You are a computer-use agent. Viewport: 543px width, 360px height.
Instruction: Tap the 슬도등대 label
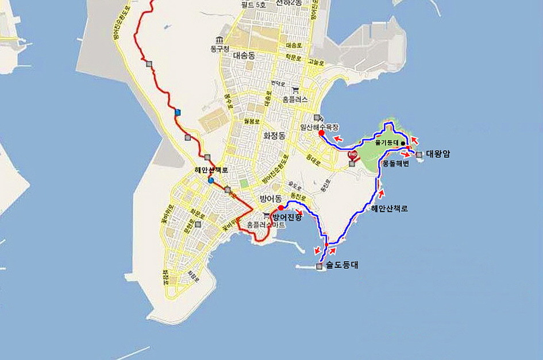point(342,266)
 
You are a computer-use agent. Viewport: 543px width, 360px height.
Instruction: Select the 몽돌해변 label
point(395,164)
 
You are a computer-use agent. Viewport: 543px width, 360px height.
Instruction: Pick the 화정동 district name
point(274,136)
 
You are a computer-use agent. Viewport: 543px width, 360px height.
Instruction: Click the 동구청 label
point(220,49)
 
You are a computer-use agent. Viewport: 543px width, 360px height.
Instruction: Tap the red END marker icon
point(353,154)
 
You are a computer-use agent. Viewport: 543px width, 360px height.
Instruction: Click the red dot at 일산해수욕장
point(321,133)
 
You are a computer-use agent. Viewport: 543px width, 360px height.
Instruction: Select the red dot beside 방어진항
point(280,208)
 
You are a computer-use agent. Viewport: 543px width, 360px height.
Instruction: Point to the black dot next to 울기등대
point(403,143)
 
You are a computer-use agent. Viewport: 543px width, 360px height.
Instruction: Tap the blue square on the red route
point(178,112)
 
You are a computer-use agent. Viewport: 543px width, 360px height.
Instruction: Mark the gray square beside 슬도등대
point(319,266)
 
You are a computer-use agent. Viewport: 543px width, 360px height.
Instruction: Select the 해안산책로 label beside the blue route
point(389,208)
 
